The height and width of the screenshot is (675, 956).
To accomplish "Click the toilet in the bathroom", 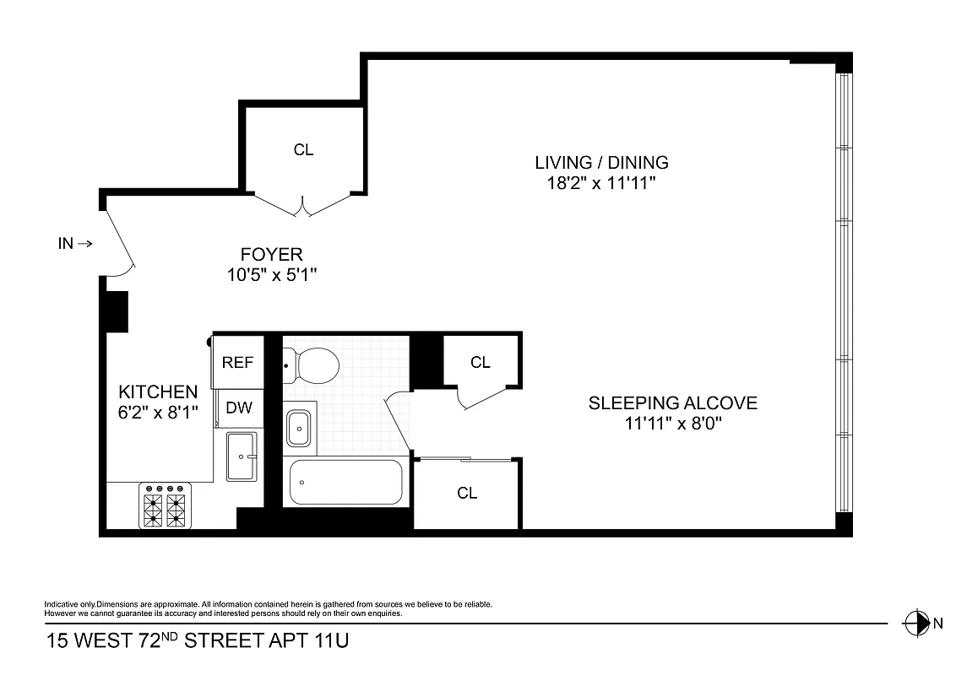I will pos(313,365).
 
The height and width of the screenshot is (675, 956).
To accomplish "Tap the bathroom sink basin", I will pos(299,428).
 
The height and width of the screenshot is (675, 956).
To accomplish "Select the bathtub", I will pos(345,482).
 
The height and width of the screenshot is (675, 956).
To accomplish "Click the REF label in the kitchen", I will pos(237,363).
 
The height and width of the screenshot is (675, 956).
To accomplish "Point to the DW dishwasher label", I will pos(239,408).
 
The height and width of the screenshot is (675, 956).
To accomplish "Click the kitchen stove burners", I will pos(165,506).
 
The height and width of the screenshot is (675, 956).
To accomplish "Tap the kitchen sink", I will pos(245,456).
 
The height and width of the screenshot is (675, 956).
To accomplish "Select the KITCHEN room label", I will pos(158,392).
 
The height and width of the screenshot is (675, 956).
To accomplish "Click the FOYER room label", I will pos(271,254).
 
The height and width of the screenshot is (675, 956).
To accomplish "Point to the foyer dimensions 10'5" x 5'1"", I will pos(271,274).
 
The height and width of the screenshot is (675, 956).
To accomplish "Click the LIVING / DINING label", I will pos(601,163).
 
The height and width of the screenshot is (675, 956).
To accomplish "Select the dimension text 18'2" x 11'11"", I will pos(601,184).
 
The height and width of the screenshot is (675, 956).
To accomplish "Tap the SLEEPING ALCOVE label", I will pos(672,403).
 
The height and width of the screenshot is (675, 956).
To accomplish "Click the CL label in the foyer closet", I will pos(303,150).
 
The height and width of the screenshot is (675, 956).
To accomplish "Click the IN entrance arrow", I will pos(75,244).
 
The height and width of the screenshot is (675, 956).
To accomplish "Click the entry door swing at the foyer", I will pos(120,242).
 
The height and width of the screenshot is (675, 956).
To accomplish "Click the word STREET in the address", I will pos(224,641).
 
